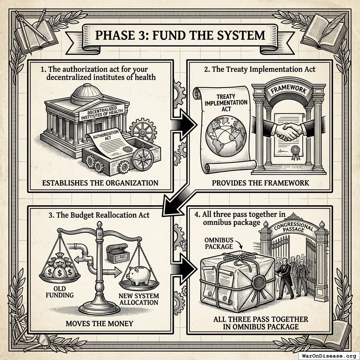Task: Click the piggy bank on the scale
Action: pyautogui.click(x=139, y=275)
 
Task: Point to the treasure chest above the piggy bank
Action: pyautogui.click(x=118, y=253)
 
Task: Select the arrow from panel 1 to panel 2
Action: pyautogui.click(x=184, y=125)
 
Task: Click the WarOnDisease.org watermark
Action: pyautogui.click(x=329, y=356)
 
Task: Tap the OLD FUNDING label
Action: pyautogui.click(x=60, y=291)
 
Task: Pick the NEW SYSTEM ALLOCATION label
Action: pyautogui.click(x=139, y=299)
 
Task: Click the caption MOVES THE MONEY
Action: pyautogui.click(x=99, y=323)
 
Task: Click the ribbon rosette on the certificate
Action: pyautogui.click(x=295, y=152)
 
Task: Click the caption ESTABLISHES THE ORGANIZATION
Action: pyautogui.click(x=100, y=183)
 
